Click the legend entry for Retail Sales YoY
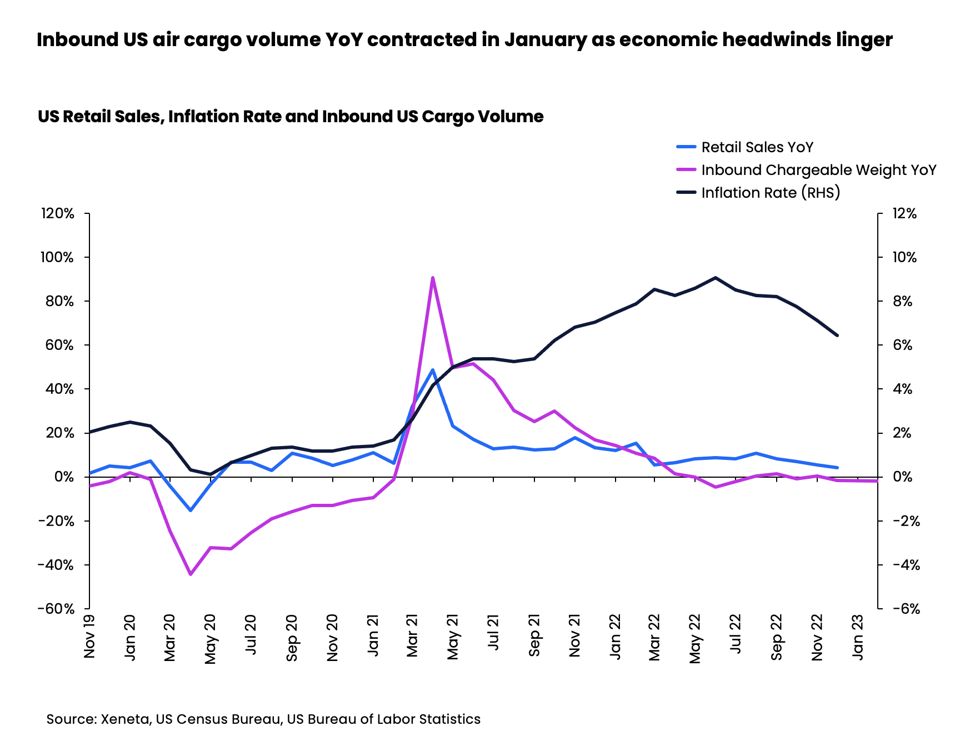tap(757, 147)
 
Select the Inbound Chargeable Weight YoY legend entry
tap(818, 170)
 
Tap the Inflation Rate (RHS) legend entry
tap(770, 193)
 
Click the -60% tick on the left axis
tap(56, 609)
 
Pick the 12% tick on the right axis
tap(904, 214)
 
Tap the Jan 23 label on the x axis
tap(858, 637)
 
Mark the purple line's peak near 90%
tap(432, 277)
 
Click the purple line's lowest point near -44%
tap(191, 574)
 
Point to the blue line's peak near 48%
tap(432, 369)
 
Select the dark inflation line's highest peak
tap(716, 277)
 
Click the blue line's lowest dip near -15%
tap(191, 510)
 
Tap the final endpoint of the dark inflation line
tap(837, 336)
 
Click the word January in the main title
tap(545, 40)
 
